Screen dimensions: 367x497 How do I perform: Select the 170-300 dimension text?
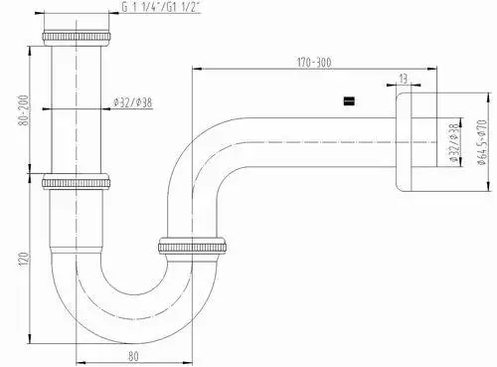tap(314, 62)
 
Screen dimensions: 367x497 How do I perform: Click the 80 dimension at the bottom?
tap(133, 352)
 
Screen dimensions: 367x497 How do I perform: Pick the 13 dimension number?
tap(403, 79)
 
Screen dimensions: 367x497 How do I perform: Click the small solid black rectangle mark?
tap(348, 101)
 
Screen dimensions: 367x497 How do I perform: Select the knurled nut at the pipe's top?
tap(79, 37)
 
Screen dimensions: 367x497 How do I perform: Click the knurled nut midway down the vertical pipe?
tap(79, 184)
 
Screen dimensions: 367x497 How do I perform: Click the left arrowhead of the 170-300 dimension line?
tap(194, 69)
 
